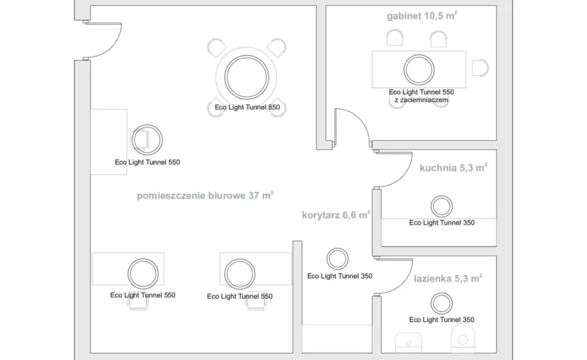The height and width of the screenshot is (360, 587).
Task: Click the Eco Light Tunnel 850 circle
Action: tap(247, 56)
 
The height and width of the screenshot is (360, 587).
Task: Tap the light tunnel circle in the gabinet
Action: tap(419, 55)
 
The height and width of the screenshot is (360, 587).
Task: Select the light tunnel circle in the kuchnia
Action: tap(442, 196)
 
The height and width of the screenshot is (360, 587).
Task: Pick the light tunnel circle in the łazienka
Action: tap(442, 293)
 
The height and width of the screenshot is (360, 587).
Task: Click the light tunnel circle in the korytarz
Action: tap(338, 248)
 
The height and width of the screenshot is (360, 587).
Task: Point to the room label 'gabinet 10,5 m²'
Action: tap(422, 16)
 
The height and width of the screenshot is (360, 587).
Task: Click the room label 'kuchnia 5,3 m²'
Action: tap(454, 167)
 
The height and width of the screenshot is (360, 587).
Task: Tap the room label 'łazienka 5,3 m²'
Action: tap(448, 279)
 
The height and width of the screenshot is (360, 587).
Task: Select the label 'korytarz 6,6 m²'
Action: tap(336, 215)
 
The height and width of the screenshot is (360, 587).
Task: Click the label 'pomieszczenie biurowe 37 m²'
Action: tap(205, 195)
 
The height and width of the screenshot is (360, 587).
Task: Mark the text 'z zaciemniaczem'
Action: tap(421, 100)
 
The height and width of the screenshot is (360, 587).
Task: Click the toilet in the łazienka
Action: tap(463, 339)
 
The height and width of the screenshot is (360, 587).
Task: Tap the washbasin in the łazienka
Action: tap(408, 342)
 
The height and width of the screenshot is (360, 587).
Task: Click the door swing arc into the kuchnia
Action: tap(402, 176)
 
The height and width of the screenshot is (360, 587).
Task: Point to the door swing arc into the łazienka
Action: tap(402, 283)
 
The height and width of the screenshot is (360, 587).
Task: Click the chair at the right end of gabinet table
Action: tap(480, 68)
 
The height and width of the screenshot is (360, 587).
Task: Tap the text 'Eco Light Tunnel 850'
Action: tap(247, 107)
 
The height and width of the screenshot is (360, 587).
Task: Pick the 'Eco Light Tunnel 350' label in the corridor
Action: tap(340, 276)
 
